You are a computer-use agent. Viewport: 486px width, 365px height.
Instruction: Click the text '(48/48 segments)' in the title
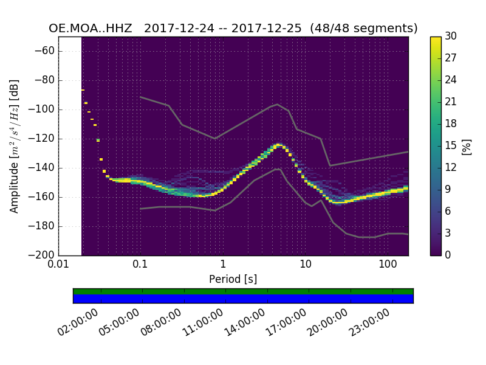363,29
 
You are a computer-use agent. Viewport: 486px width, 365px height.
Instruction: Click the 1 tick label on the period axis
223,265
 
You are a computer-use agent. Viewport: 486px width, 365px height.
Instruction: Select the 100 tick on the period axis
388,265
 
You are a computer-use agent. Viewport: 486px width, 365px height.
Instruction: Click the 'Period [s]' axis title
233,279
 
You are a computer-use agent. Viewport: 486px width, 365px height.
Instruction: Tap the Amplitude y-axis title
15,146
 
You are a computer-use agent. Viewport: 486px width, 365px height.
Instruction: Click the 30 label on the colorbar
451,36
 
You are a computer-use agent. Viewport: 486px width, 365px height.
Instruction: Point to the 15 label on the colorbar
451,145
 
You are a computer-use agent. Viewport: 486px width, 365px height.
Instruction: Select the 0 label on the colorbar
448,255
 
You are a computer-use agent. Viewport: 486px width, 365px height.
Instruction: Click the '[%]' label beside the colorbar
467,146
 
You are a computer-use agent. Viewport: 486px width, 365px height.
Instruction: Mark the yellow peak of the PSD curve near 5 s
278,145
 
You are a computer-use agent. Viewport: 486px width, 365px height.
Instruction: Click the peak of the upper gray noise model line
278,104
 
